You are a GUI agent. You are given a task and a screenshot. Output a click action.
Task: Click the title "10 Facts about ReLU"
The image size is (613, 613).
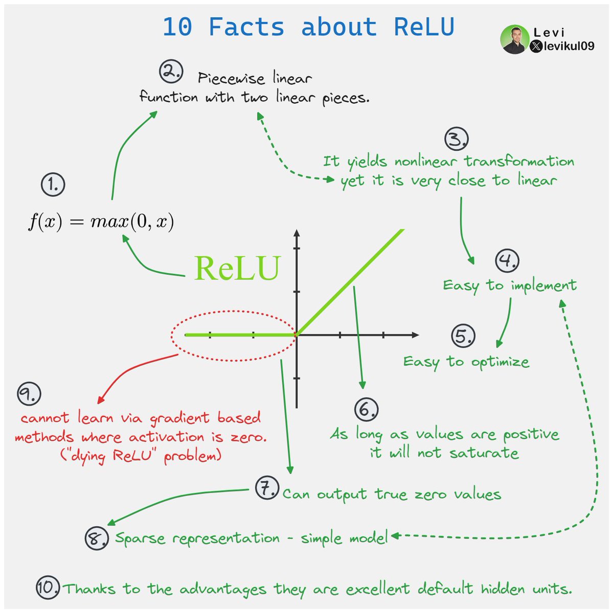pos(308,27)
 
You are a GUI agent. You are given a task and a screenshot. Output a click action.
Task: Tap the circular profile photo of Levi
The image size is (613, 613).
pos(513,40)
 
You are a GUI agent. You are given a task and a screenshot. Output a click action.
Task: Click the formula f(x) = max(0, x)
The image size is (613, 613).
pos(101,222)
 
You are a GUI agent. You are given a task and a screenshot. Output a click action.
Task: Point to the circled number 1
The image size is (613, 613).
pos(53,184)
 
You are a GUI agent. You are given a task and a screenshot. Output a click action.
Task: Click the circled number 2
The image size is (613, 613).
pos(171,72)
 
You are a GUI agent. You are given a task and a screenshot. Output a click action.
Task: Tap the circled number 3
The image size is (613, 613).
pos(457,138)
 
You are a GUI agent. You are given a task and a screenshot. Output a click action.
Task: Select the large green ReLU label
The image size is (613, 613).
pos(237,268)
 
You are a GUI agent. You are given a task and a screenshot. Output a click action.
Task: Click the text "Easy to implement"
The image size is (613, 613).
pos(509,286)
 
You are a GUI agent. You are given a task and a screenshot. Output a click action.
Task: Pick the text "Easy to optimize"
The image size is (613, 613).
pos(466,362)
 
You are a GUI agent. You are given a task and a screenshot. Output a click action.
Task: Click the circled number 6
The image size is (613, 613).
pos(366,409)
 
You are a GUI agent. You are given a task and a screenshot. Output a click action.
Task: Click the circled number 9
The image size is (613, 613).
pos(29,393)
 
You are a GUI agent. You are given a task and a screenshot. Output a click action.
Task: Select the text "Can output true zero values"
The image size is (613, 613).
pos(392,494)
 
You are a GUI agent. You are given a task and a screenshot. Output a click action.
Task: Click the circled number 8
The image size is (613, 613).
pos(96,538)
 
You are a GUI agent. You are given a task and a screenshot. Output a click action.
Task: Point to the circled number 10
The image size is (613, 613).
pos(48,588)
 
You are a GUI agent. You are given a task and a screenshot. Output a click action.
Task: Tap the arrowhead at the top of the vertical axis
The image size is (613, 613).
pos(297,233)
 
